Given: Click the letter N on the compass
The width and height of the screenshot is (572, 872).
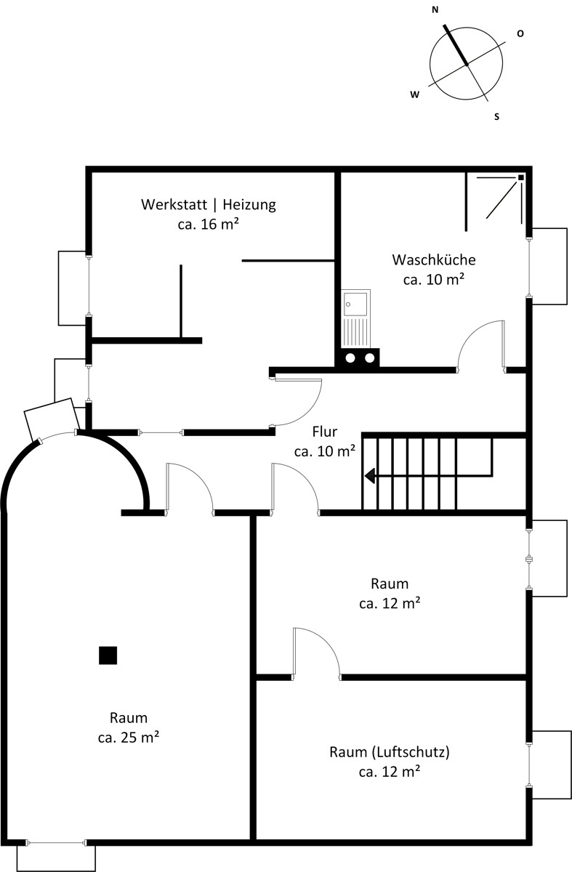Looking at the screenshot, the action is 435,10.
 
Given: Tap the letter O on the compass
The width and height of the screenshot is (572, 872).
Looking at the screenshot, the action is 520,34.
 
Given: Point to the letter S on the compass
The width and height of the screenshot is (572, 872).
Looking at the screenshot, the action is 496,117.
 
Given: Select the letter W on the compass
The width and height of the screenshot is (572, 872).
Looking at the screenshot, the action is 415,94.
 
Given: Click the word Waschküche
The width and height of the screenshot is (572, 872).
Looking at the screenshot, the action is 434,259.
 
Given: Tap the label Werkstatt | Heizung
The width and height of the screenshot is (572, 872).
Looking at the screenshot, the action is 209,204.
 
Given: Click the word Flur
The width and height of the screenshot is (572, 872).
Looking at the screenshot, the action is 325,432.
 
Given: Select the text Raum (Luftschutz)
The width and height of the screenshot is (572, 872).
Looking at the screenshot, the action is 390,751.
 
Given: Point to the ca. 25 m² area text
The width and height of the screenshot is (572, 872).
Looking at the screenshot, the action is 129,738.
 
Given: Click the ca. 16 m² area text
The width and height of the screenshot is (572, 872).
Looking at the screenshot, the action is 209,225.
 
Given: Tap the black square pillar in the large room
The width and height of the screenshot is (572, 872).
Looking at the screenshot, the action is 108,655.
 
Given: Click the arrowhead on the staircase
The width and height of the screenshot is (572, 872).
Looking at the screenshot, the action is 369,476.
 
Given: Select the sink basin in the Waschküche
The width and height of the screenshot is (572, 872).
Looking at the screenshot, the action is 355,304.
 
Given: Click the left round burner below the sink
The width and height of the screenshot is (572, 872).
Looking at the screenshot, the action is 350,358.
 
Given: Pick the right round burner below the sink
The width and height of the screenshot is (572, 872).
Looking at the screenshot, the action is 369,358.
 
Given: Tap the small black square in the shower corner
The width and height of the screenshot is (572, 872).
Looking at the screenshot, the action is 521,177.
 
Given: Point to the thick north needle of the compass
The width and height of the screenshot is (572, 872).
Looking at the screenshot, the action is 456,45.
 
